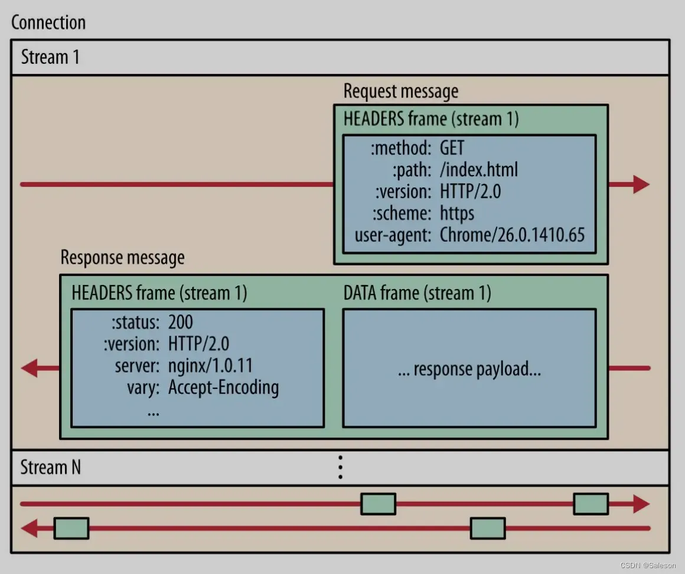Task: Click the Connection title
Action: pos(48,23)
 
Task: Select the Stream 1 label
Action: pos(50,57)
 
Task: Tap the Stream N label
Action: pos(51,468)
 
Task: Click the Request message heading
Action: pos(401,92)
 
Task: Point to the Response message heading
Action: pos(123,258)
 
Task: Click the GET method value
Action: pos(452,148)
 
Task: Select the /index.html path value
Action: pos(479,170)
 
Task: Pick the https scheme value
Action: pos(457,213)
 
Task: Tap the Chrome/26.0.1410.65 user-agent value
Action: pos(512,235)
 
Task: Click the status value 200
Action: pos(181,322)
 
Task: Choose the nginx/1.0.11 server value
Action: pos(210,365)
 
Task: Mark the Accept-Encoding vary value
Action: pos(223,388)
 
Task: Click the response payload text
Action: pos(469,369)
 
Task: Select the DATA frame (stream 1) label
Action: pos(417,293)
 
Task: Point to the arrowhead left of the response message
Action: pos(30,368)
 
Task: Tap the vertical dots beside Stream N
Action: pos(340,467)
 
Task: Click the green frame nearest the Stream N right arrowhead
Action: pos(591,504)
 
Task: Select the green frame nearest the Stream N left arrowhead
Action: pos(71,528)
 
